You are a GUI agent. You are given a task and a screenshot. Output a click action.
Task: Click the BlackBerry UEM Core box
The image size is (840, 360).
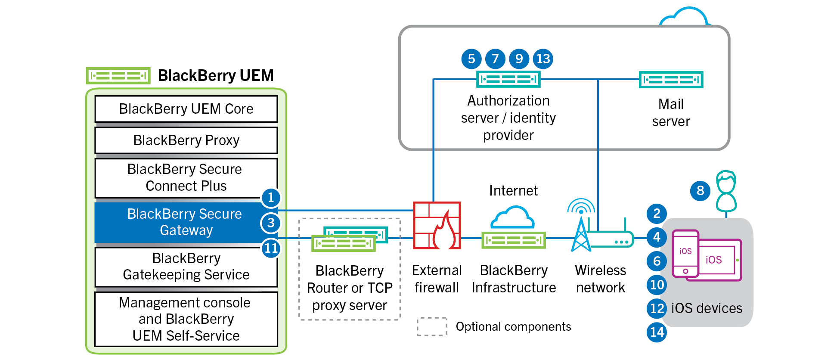click(186, 109)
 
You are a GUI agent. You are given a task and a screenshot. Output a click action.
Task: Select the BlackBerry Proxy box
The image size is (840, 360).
click(186, 140)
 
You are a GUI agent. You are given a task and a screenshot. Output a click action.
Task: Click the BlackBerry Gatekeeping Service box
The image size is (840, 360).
click(186, 267)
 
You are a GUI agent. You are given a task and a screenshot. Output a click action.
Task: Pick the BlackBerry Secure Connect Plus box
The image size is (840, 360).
click(186, 177)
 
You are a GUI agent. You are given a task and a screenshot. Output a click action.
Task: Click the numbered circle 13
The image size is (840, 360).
click(543, 59)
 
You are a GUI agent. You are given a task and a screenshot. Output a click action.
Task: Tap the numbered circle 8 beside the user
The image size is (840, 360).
click(700, 190)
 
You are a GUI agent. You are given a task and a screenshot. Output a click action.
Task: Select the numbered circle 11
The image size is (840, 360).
click(271, 248)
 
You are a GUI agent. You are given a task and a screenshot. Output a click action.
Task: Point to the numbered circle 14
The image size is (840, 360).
click(657, 332)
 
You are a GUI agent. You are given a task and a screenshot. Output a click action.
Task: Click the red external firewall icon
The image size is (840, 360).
click(437, 226)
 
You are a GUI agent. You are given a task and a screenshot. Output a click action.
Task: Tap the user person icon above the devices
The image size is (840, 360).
click(726, 192)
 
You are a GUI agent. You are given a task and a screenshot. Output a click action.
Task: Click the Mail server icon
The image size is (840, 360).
click(671, 80)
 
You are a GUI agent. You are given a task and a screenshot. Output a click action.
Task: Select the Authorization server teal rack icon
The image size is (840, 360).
click(508, 79)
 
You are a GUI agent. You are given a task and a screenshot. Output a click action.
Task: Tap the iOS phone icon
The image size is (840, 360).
click(685, 254)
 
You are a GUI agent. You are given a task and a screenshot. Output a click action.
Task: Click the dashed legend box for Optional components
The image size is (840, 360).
click(432, 326)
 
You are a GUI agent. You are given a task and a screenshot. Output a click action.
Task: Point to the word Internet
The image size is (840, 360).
click(513, 190)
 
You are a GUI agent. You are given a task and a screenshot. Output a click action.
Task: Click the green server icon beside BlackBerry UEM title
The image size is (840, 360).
click(118, 76)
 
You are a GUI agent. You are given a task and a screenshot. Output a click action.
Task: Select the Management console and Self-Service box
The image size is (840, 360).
click(186, 319)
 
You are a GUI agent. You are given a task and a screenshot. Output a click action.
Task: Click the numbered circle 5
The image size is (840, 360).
click(471, 59)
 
